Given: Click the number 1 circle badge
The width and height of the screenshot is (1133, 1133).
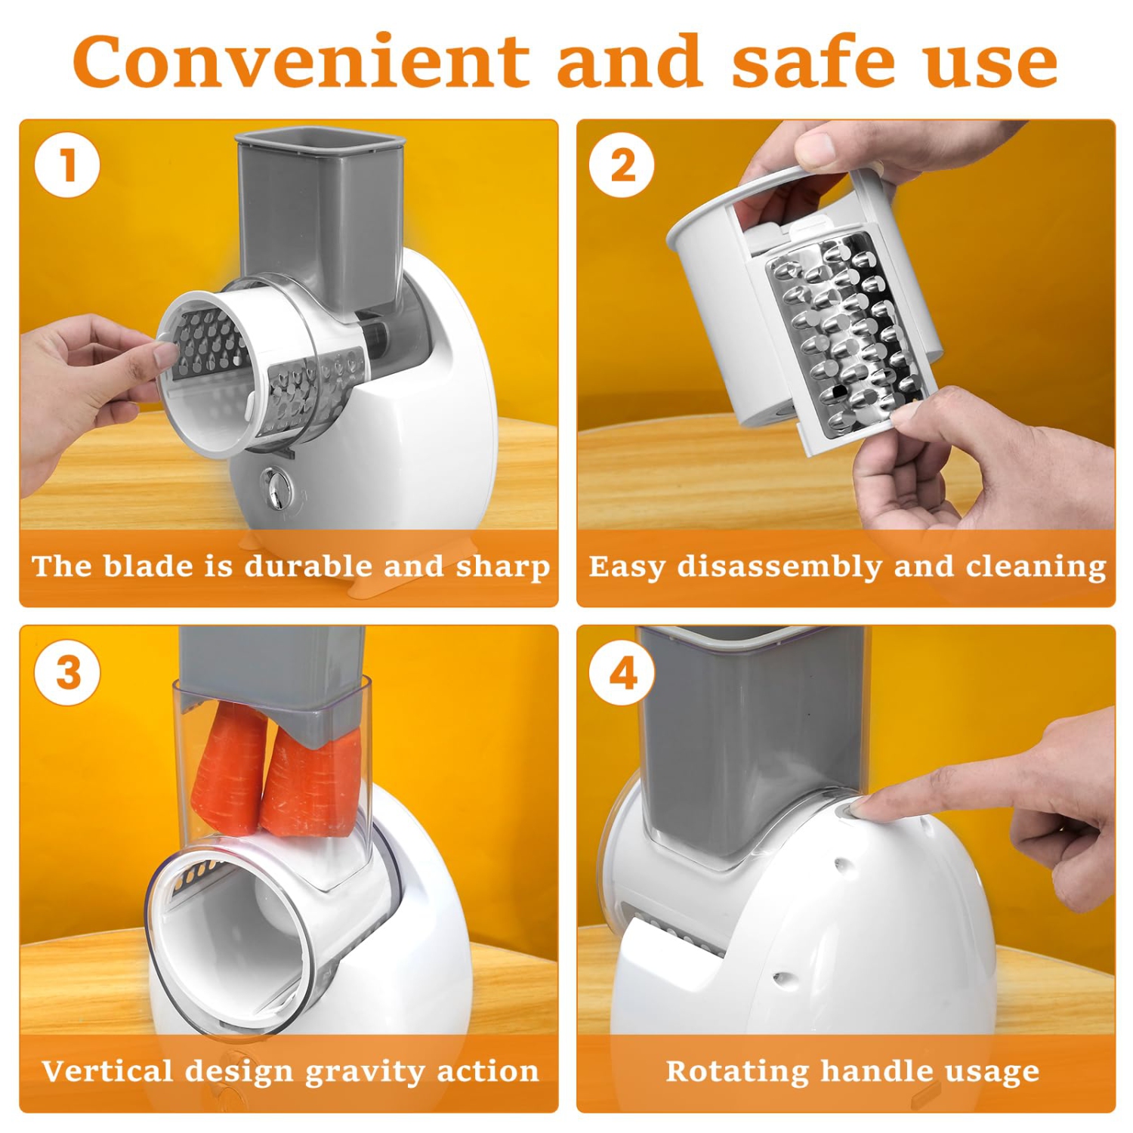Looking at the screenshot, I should tap(67, 165).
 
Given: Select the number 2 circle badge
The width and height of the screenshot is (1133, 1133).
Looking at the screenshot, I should tap(622, 165).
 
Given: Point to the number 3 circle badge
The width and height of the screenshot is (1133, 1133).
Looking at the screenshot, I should tap(67, 671).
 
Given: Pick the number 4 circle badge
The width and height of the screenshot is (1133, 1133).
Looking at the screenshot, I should tap(622, 671).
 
